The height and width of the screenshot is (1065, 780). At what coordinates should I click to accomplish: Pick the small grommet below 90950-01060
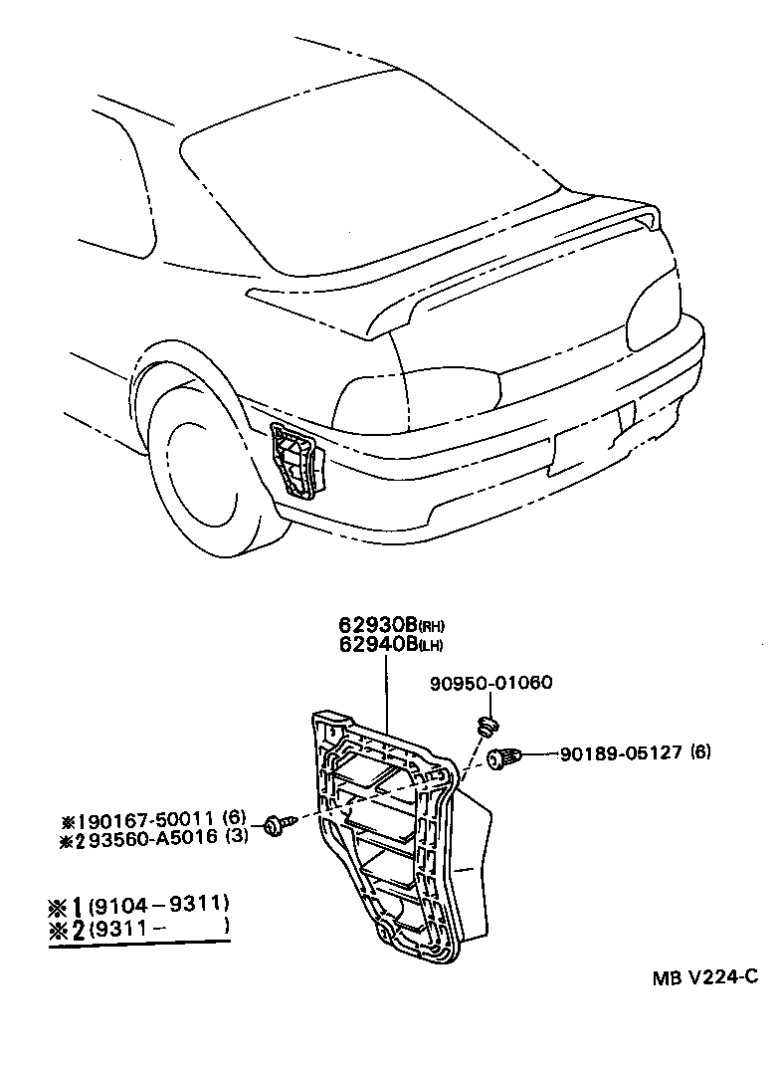[487, 726]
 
